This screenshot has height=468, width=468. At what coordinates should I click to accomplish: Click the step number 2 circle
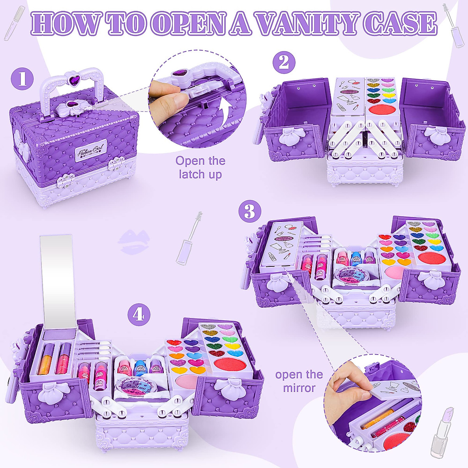(x=284, y=63)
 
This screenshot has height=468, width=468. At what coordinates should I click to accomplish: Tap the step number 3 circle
(x=250, y=212)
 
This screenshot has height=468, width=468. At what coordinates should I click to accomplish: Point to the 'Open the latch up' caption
(x=200, y=167)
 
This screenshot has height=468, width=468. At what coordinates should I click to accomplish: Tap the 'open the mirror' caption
(x=299, y=381)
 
